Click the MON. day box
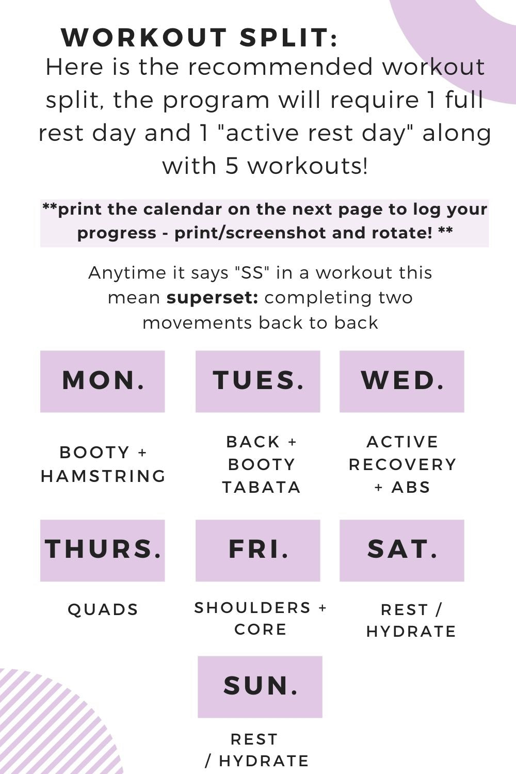[x=103, y=381]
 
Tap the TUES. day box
[x=258, y=381]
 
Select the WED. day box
[x=402, y=381]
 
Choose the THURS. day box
[x=103, y=550]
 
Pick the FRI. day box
[x=258, y=550]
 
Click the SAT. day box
[x=402, y=550]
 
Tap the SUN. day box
[x=260, y=687]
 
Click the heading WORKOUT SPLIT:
[x=200, y=38]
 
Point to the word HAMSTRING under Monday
[x=103, y=476]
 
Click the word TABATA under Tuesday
[x=261, y=487]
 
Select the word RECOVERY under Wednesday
[x=402, y=464]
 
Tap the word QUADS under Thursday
[x=103, y=609]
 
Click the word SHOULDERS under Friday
[x=252, y=608]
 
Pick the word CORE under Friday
[x=261, y=630]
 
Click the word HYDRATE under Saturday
[x=411, y=632]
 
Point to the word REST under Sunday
[x=254, y=739]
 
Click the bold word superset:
[x=212, y=298]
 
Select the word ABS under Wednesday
[x=411, y=487]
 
